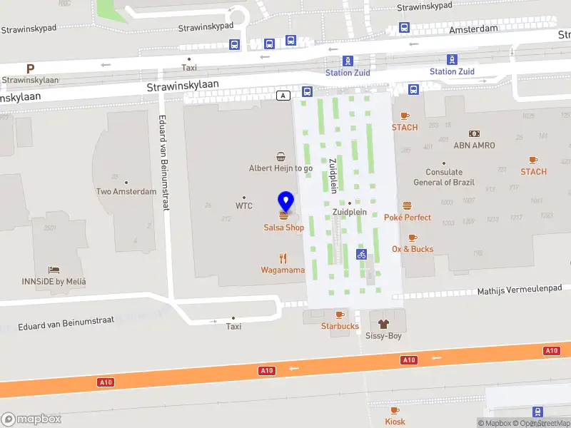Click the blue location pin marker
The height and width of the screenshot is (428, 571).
click(x=285, y=202)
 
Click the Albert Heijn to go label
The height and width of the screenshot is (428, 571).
click(x=281, y=168)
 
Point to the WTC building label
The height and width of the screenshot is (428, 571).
click(x=244, y=205)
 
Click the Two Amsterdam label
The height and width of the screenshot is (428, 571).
click(x=126, y=191)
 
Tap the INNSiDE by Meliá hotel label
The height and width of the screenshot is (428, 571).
click(x=66, y=281)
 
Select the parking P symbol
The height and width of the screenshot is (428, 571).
click(x=30, y=68)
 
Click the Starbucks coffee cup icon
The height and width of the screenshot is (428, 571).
click(x=339, y=315)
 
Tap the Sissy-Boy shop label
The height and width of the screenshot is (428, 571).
click(x=383, y=335)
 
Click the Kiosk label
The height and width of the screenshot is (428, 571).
click(x=395, y=422)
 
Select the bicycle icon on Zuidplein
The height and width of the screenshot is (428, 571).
click(x=361, y=254)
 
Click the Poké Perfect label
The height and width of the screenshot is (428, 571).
click(x=408, y=217)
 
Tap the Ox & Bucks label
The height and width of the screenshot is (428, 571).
click(x=413, y=249)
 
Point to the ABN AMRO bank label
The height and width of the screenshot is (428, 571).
click(x=474, y=146)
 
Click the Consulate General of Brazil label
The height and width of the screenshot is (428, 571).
click(x=443, y=177)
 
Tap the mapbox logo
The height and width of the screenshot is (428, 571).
click(x=31, y=419)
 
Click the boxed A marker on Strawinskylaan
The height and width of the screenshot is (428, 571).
click(x=284, y=95)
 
